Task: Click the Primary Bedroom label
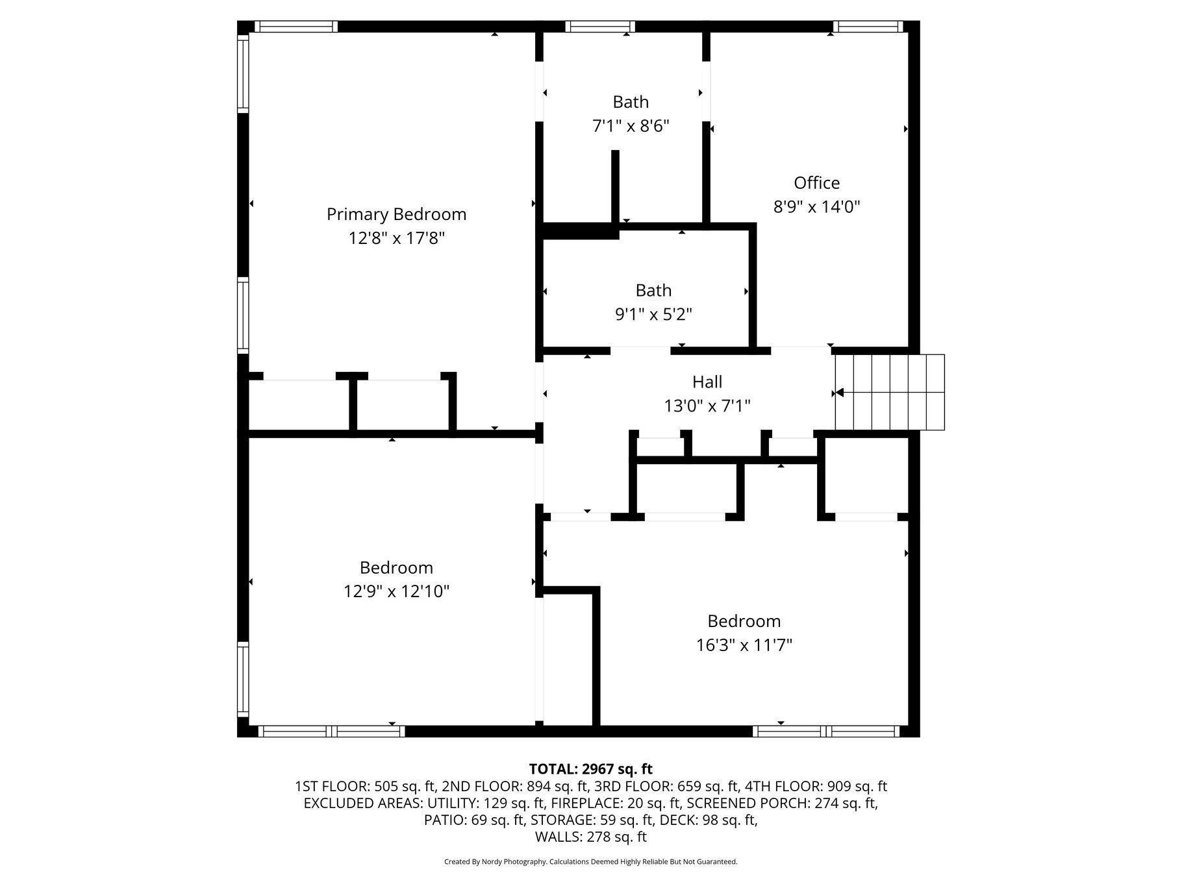[396, 214]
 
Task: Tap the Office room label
[816, 183]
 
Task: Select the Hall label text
[707, 382]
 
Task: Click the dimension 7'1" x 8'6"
[631, 126]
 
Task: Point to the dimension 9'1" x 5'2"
[653, 315]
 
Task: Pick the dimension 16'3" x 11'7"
[744, 645]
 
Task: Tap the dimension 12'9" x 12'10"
[396, 591]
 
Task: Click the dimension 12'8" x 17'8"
[396, 238]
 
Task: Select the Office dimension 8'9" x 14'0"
[816, 207]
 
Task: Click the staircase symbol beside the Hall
[890, 392]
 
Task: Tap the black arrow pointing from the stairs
[839, 393]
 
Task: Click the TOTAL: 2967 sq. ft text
[590, 769]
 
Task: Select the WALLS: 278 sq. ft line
[590, 837]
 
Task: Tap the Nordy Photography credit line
[590, 862]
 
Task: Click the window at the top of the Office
[868, 27]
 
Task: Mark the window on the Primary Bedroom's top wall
[295, 27]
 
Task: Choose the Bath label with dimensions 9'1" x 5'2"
[653, 291]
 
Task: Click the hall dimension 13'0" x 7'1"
[707, 406]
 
